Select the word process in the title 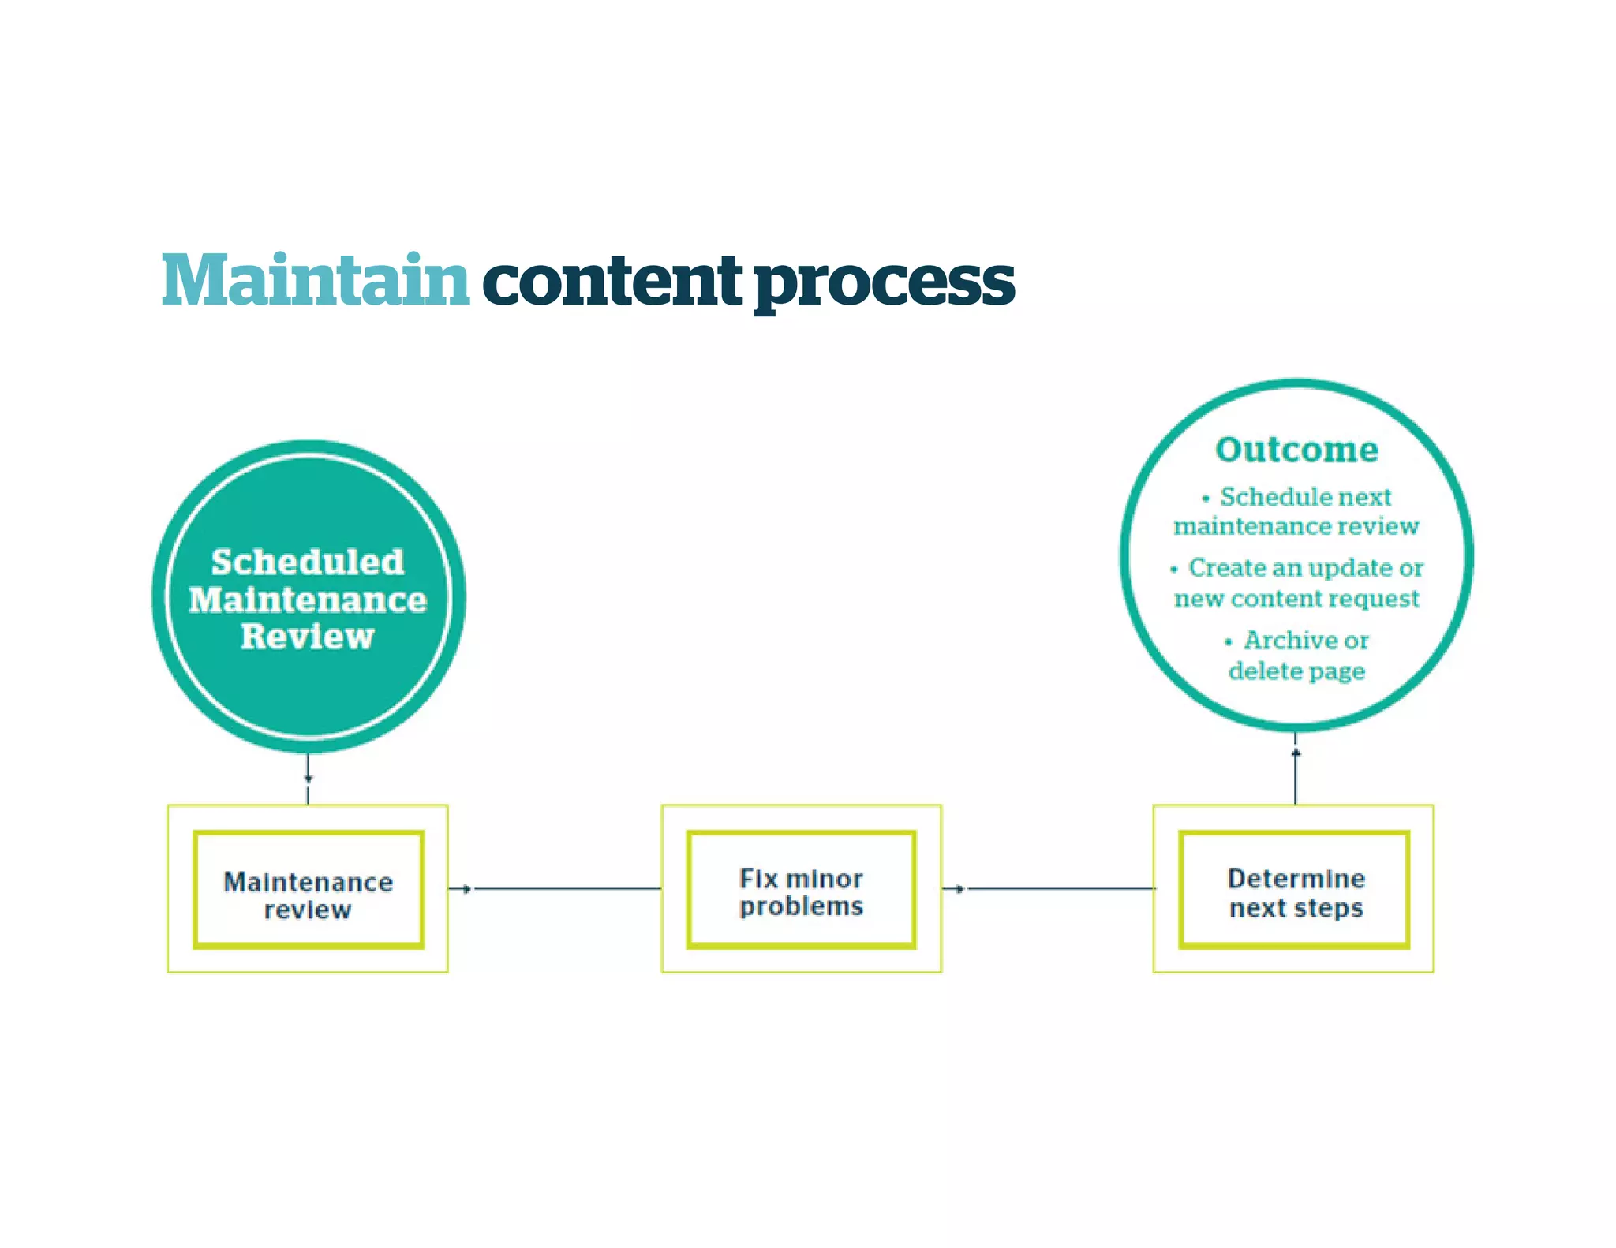pyautogui.click(x=884, y=284)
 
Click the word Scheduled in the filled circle pyautogui.click(x=308, y=562)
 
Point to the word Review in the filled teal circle pyautogui.click(x=308, y=637)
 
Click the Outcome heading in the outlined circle pyautogui.click(x=1296, y=450)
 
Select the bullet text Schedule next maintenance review pyautogui.click(x=1296, y=511)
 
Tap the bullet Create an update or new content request pyautogui.click(x=1296, y=582)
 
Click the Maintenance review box pyautogui.click(x=309, y=889)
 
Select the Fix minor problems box pyautogui.click(x=801, y=889)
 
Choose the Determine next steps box pyautogui.click(x=1294, y=889)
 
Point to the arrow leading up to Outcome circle pyautogui.click(x=1296, y=769)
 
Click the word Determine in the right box pyautogui.click(x=1296, y=878)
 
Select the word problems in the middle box pyautogui.click(x=801, y=906)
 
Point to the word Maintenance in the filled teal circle pyautogui.click(x=308, y=600)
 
